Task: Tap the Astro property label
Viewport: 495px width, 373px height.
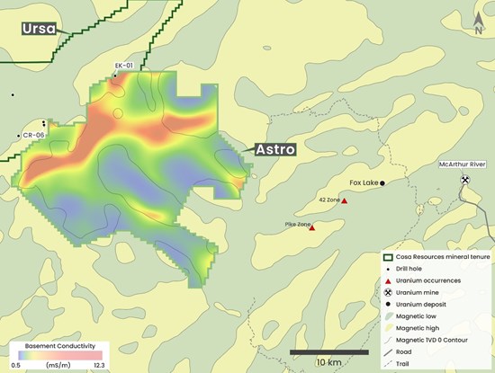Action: click(x=274, y=149)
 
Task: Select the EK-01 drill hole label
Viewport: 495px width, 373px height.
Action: click(x=124, y=66)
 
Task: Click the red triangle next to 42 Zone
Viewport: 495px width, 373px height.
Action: click(x=344, y=200)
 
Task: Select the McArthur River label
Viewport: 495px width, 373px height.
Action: click(x=465, y=165)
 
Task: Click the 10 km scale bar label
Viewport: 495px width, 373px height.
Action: click(x=328, y=361)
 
